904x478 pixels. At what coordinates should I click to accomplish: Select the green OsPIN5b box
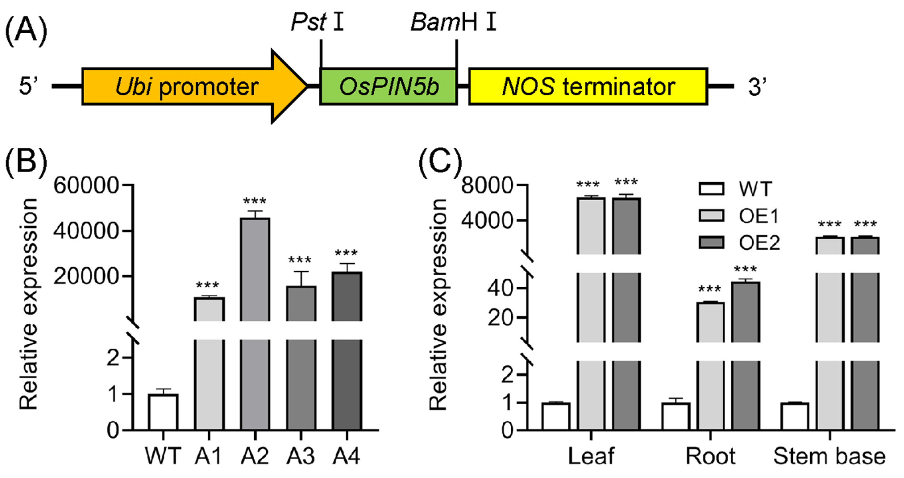point(388,87)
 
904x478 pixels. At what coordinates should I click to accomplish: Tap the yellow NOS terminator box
point(588,87)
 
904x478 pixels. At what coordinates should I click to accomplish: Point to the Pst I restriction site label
point(317,22)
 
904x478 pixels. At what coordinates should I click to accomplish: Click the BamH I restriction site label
point(453,22)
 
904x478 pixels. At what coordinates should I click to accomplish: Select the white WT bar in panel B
point(163,412)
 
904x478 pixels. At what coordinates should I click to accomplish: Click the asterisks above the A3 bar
point(300,261)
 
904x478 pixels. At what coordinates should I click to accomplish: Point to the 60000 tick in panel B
point(86,185)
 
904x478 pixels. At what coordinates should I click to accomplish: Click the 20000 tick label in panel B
point(86,276)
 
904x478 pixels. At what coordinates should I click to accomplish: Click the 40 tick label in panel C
point(501,288)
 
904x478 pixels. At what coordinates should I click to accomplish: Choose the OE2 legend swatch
point(711,242)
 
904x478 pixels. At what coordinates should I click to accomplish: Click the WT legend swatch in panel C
point(711,189)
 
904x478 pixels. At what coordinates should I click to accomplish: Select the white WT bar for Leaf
point(556,416)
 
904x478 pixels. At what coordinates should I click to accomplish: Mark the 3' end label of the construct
point(757,87)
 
